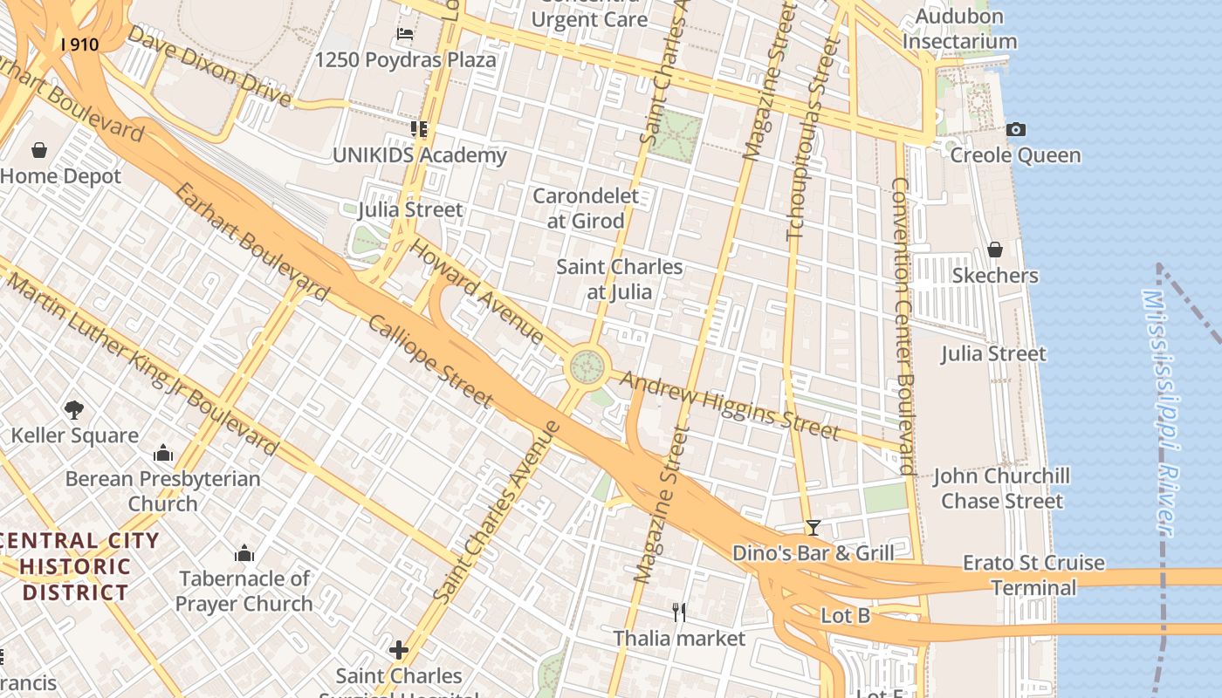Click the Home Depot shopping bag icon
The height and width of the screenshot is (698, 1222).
point(38,150)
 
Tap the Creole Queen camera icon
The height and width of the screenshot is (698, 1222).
point(1016,130)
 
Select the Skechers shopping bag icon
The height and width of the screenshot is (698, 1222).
point(994,250)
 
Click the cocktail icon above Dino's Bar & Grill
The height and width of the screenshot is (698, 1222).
point(813,527)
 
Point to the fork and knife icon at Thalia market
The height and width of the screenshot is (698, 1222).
point(678,612)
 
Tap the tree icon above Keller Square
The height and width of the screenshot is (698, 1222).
point(74,409)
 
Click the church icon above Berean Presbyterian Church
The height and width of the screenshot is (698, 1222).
point(162,453)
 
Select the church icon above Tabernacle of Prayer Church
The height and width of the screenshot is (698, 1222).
point(244,553)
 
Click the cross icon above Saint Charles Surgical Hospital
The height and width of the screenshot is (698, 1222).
point(399,649)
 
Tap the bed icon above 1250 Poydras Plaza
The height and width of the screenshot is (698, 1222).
point(405,34)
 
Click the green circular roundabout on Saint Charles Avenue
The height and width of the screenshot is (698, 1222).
point(587,366)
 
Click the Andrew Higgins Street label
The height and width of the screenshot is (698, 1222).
point(730,407)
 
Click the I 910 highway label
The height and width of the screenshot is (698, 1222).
point(79,44)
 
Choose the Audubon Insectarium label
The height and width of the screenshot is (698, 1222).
point(959,29)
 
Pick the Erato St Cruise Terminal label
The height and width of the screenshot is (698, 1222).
point(1033,575)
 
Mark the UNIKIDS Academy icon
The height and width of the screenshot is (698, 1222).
point(419,129)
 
